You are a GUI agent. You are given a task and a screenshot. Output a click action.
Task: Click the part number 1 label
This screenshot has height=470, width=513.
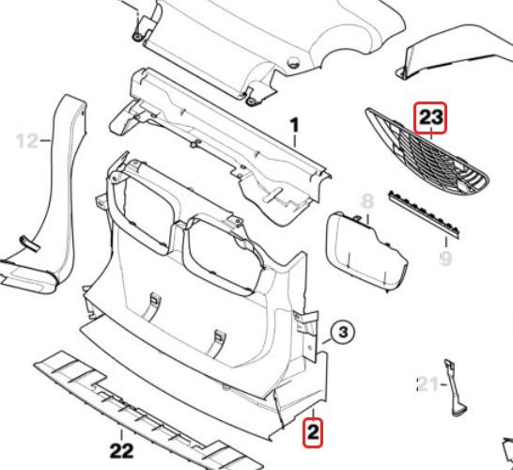[295, 126]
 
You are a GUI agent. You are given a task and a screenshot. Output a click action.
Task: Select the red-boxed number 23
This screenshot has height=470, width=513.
[430, 117]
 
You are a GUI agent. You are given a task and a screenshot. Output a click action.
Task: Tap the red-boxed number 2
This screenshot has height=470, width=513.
[313, 432]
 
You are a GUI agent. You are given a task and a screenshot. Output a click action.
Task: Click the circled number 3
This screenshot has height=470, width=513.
[343, 333]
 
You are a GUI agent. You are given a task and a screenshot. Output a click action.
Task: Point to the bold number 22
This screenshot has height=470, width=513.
[122, 451]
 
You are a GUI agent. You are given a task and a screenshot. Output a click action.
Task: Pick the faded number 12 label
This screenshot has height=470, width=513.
[27, 141]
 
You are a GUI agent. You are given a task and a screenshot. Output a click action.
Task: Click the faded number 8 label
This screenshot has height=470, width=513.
[367, 201]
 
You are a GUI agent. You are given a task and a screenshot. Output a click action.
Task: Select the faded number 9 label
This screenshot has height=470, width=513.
[446, 258]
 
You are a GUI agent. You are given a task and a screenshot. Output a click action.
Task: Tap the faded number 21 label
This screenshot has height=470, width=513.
[427, 384]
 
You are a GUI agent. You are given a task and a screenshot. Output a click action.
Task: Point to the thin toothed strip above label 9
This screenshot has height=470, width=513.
[425, 213]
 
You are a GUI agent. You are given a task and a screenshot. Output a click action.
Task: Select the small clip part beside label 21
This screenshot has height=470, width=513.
[456, 388]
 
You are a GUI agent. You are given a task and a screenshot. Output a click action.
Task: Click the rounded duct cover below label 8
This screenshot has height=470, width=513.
[365, 252]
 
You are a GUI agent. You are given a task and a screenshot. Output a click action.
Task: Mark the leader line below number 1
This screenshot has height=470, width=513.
[295, 141]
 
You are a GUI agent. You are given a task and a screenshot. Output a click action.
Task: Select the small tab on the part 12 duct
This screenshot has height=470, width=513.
[30, 243]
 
